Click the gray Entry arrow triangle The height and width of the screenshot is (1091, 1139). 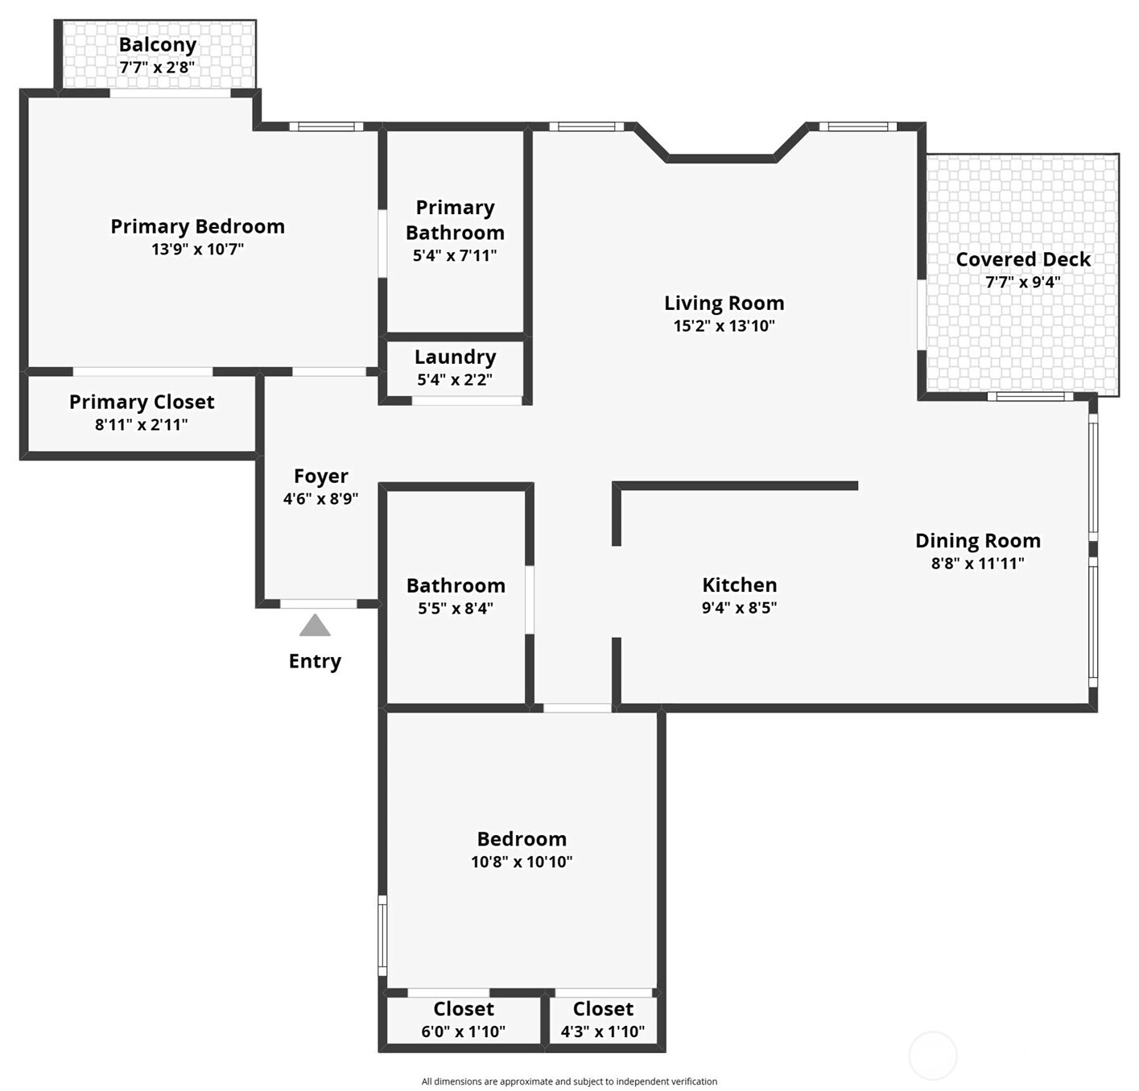[315, 626]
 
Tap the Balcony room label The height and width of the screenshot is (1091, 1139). [158, 45]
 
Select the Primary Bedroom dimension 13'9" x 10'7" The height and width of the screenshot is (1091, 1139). [198, 250]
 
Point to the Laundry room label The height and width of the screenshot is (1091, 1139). [456, 357]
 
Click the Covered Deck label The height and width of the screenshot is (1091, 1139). [1023, 259]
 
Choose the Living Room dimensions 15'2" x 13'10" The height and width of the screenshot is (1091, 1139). [724, 325]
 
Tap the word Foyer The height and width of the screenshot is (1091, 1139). [320, 477]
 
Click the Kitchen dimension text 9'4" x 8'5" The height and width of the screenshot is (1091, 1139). [739, 607]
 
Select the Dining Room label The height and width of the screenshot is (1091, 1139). [978, 540]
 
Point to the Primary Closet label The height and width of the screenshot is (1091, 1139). [142, 403]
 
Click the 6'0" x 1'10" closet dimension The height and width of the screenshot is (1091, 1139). [464, 1031]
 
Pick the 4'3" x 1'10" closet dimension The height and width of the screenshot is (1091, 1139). [603, 1031]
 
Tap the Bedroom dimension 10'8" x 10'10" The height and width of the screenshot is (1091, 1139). [522, 862]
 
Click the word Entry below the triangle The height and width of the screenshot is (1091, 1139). [315, 662]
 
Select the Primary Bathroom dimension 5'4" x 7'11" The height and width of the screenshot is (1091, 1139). [455, 255]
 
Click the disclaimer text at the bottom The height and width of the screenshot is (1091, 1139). [570, 1081]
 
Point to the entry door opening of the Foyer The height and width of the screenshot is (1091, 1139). [319, 604]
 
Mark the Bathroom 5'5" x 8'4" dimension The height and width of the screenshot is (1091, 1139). [456, 609]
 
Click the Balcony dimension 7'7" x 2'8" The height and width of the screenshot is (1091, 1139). [157, 68]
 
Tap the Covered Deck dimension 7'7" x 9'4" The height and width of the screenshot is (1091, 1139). [1023, 283]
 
